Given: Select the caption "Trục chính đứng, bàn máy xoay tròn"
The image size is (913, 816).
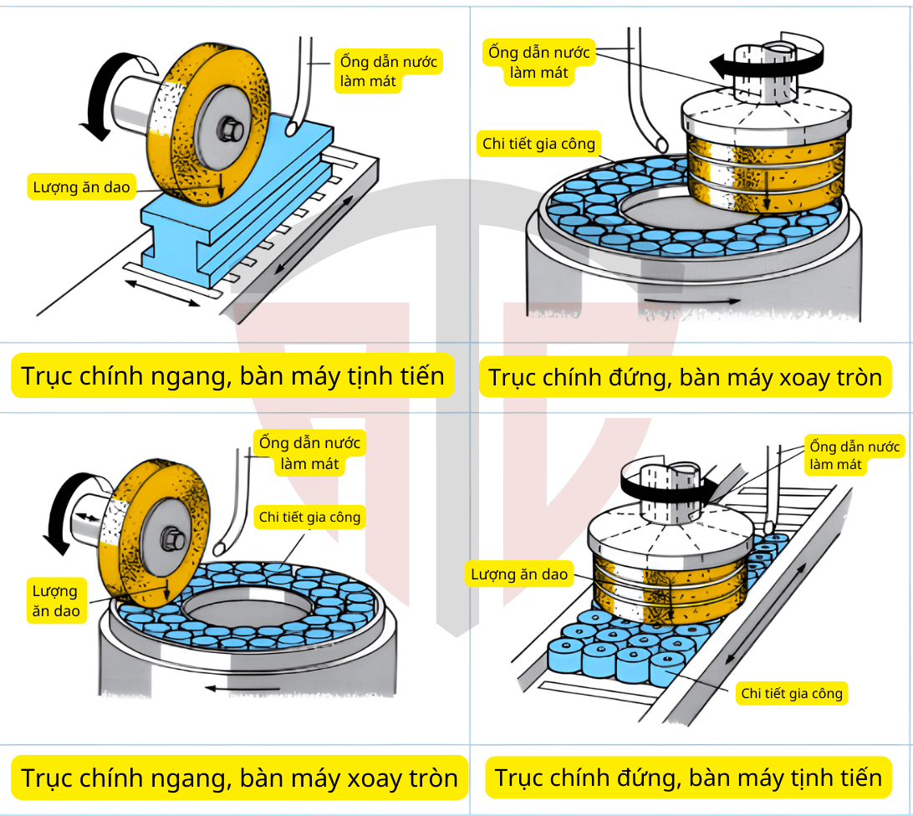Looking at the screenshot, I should [x=685, y=377].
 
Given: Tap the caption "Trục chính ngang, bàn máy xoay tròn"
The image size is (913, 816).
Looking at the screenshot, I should [x=239, y=778].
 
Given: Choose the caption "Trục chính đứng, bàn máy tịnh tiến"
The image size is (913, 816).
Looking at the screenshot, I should [x=688, y=778].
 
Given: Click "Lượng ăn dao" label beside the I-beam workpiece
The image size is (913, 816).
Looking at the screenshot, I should [x=81, y=187].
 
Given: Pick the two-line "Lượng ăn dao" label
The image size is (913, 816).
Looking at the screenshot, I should [x=56, y=601].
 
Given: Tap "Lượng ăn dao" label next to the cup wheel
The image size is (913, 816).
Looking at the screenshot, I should [x=519, y=574].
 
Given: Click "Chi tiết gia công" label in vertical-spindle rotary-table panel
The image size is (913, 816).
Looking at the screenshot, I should [x=538, y=144].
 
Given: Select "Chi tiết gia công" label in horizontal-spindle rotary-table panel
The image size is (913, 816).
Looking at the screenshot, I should [x=309, y=517].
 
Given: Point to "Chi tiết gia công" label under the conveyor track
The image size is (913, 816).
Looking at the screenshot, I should [x=792, y=693].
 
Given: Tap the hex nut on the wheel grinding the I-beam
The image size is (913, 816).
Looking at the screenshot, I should [x=229, y=129].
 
